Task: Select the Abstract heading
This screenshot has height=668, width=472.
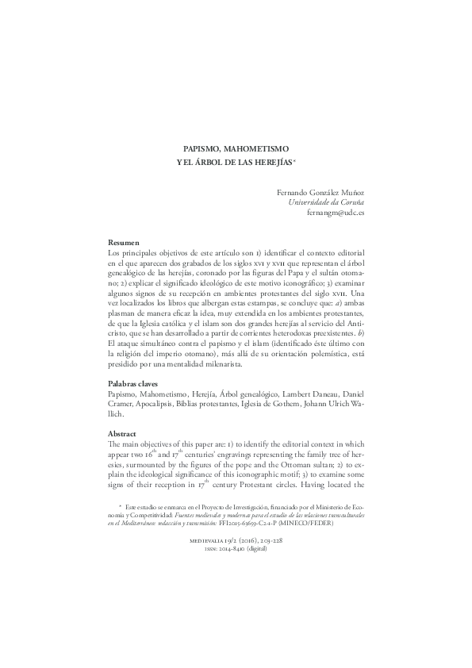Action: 122,434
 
